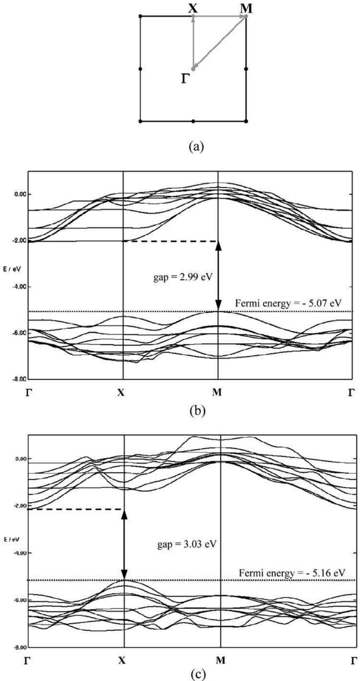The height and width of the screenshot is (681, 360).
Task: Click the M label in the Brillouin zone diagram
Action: pyautogui.click(x=246, y=8)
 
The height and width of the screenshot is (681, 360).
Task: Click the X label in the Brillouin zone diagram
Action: pyautogui.click(x=193, y=8)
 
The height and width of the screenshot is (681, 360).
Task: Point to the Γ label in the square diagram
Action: pyautogui.click(x=184, y=79)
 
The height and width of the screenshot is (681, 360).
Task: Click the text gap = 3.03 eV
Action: pyautogui.click(x=187, y=544)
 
